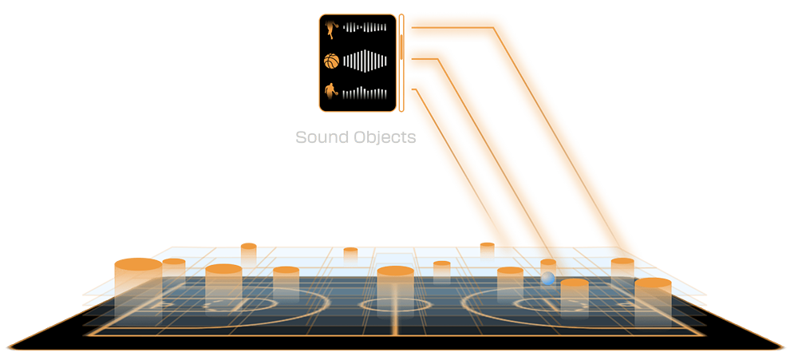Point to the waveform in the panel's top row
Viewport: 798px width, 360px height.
(365, 29)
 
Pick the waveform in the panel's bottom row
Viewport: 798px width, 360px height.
(365, 91)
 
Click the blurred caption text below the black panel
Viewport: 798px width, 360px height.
(356, 137)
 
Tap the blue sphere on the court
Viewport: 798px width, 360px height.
(548, 279)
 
